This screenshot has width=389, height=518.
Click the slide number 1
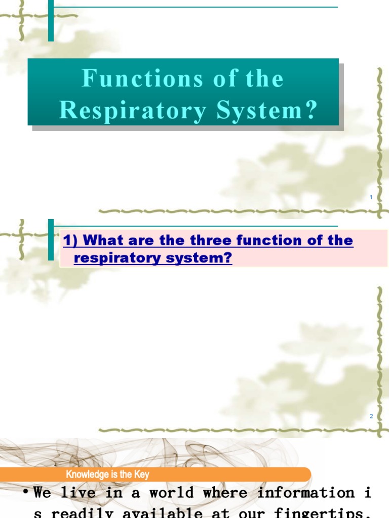371,197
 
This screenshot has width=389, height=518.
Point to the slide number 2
371,416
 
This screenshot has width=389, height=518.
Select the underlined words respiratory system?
153,258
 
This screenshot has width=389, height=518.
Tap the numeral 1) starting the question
70,240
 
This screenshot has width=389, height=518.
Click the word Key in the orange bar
141,474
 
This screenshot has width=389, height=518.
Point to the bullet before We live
25,493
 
